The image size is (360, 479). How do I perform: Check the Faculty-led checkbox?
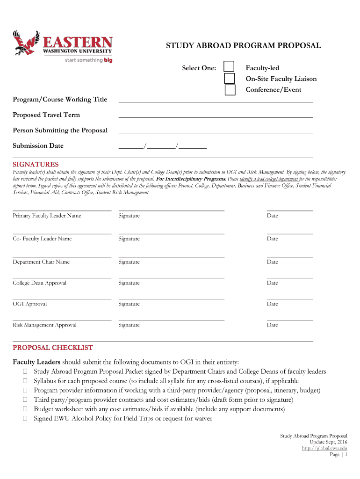click(x=229, y=67)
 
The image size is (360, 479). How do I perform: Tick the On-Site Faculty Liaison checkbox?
click(x=230, y=78)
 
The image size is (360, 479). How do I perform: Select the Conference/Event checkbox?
click(x=230, y=90)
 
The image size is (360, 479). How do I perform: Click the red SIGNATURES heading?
click(x=36, y=164)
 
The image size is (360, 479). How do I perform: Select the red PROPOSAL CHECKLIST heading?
click(x=53, y=348)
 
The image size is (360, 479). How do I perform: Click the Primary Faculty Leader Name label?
click(x=47, y=216)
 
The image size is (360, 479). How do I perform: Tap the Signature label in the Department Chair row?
click(x=129, y=262)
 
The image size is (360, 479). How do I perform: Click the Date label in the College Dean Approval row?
click(x=272, y=283)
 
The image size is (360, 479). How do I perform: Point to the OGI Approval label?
click(x=30, y=304)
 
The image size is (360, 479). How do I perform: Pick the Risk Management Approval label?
click(x=44, y=325)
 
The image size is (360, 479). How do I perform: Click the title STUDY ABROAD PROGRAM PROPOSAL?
click(x=244, y=46)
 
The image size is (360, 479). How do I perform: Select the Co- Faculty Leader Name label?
click(x=42, y=239)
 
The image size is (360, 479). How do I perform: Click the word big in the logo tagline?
click(x=108, y=60)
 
